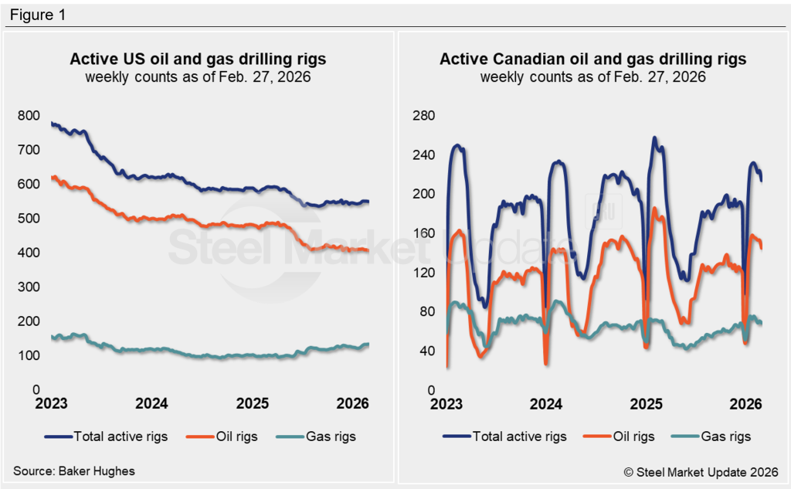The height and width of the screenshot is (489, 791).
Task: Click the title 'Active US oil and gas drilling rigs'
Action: (x=198, y=59)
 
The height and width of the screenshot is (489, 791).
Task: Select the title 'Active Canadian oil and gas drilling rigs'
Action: (x=592, y=59)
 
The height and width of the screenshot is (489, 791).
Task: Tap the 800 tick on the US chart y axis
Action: (x=29, y=116)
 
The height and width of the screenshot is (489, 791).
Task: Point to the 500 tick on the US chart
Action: (x=29, y=219)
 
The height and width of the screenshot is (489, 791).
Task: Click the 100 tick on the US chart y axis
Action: (x=29, y=356)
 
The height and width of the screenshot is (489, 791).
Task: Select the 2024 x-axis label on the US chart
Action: (x=151, y=404)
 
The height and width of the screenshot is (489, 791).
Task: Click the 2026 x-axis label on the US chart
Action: (x=352, y=404)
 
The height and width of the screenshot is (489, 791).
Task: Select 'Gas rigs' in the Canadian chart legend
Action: (x=725, y=436)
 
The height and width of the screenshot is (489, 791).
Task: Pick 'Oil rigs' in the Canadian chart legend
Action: (x=631, y=436)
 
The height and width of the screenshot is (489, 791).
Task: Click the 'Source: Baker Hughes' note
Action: (x=68, y=470)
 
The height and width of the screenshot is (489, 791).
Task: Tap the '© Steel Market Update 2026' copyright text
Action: (x=701, y=470)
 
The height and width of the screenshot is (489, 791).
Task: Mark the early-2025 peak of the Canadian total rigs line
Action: (x=655, y=138)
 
